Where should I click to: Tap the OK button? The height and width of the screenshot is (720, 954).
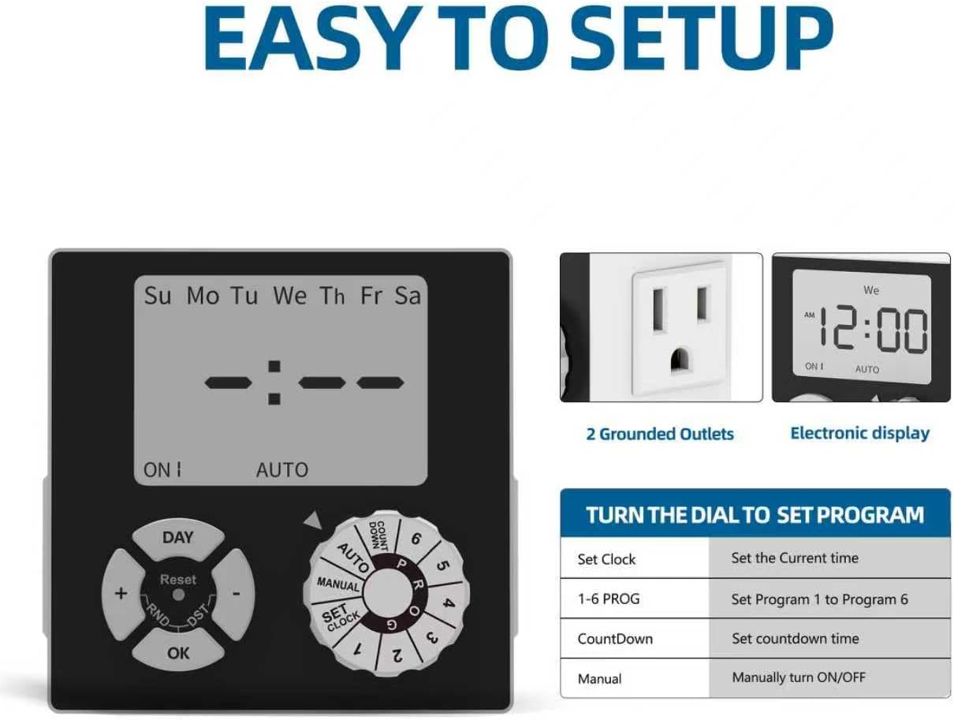(x=177, y=651)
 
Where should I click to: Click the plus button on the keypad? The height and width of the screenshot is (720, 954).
(x=121, y=594)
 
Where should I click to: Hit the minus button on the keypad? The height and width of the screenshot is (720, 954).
(x=236, y=594)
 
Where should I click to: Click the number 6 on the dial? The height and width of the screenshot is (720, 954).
(x=416, y=539)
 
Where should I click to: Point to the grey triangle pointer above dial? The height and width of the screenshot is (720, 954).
(x=313, y=520)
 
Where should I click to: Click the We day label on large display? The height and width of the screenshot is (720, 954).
(x=290, y=296)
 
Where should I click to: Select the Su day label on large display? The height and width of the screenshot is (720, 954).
(x=158, y=296)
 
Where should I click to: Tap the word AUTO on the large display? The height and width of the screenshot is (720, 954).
(x=282, y=470)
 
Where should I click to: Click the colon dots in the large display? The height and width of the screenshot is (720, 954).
(x=274, y=382)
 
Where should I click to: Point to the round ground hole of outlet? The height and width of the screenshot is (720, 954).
(x=679, y=360)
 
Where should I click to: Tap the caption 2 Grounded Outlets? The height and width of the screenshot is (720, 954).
(x=660, y=434)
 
